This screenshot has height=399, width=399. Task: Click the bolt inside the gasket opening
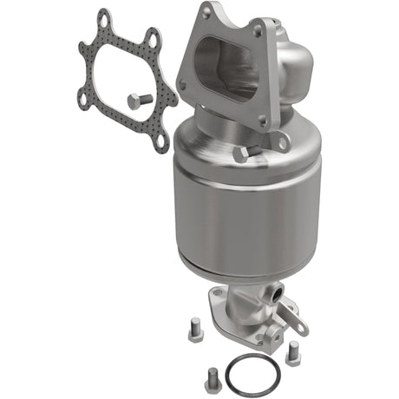(137, 101)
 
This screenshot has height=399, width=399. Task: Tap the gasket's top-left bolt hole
(105, 18)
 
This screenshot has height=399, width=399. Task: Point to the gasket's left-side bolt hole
(82, 97)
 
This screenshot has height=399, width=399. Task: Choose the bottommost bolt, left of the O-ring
(213, 379)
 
